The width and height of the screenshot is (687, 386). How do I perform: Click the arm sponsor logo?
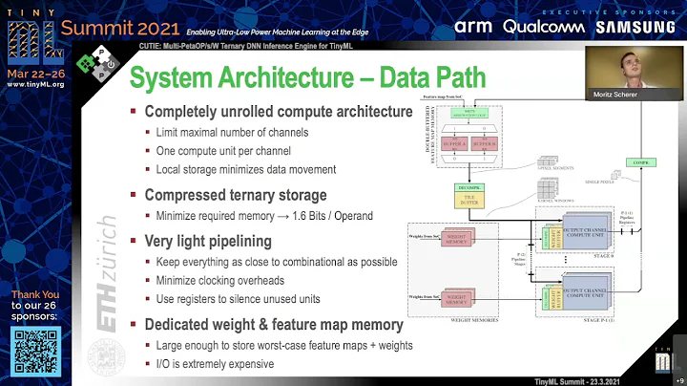[474, 26]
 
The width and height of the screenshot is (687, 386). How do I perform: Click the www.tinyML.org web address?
[35, 84]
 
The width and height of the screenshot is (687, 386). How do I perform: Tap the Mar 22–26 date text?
[35, 71]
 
